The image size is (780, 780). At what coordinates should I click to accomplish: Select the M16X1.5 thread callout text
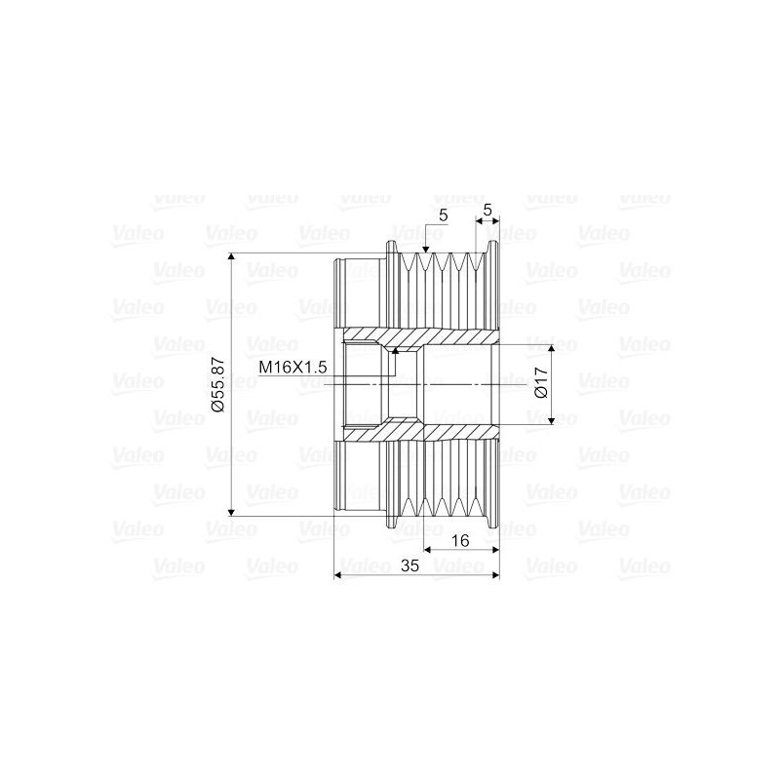pos(291,368)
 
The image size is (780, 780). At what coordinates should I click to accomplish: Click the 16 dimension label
pos(458,539)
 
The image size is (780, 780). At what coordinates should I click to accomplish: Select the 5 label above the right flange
pos(487,209)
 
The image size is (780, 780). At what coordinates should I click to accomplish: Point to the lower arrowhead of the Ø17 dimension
pos(553,419)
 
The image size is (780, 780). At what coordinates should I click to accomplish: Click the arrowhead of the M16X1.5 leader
pos(395,348)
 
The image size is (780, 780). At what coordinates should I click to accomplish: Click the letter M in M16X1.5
pos(264,368)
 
